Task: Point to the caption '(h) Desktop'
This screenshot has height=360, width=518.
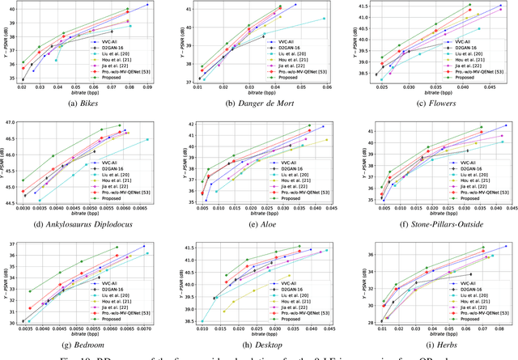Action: click(259, 342)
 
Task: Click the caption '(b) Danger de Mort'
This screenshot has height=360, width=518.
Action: click(259, 104)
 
